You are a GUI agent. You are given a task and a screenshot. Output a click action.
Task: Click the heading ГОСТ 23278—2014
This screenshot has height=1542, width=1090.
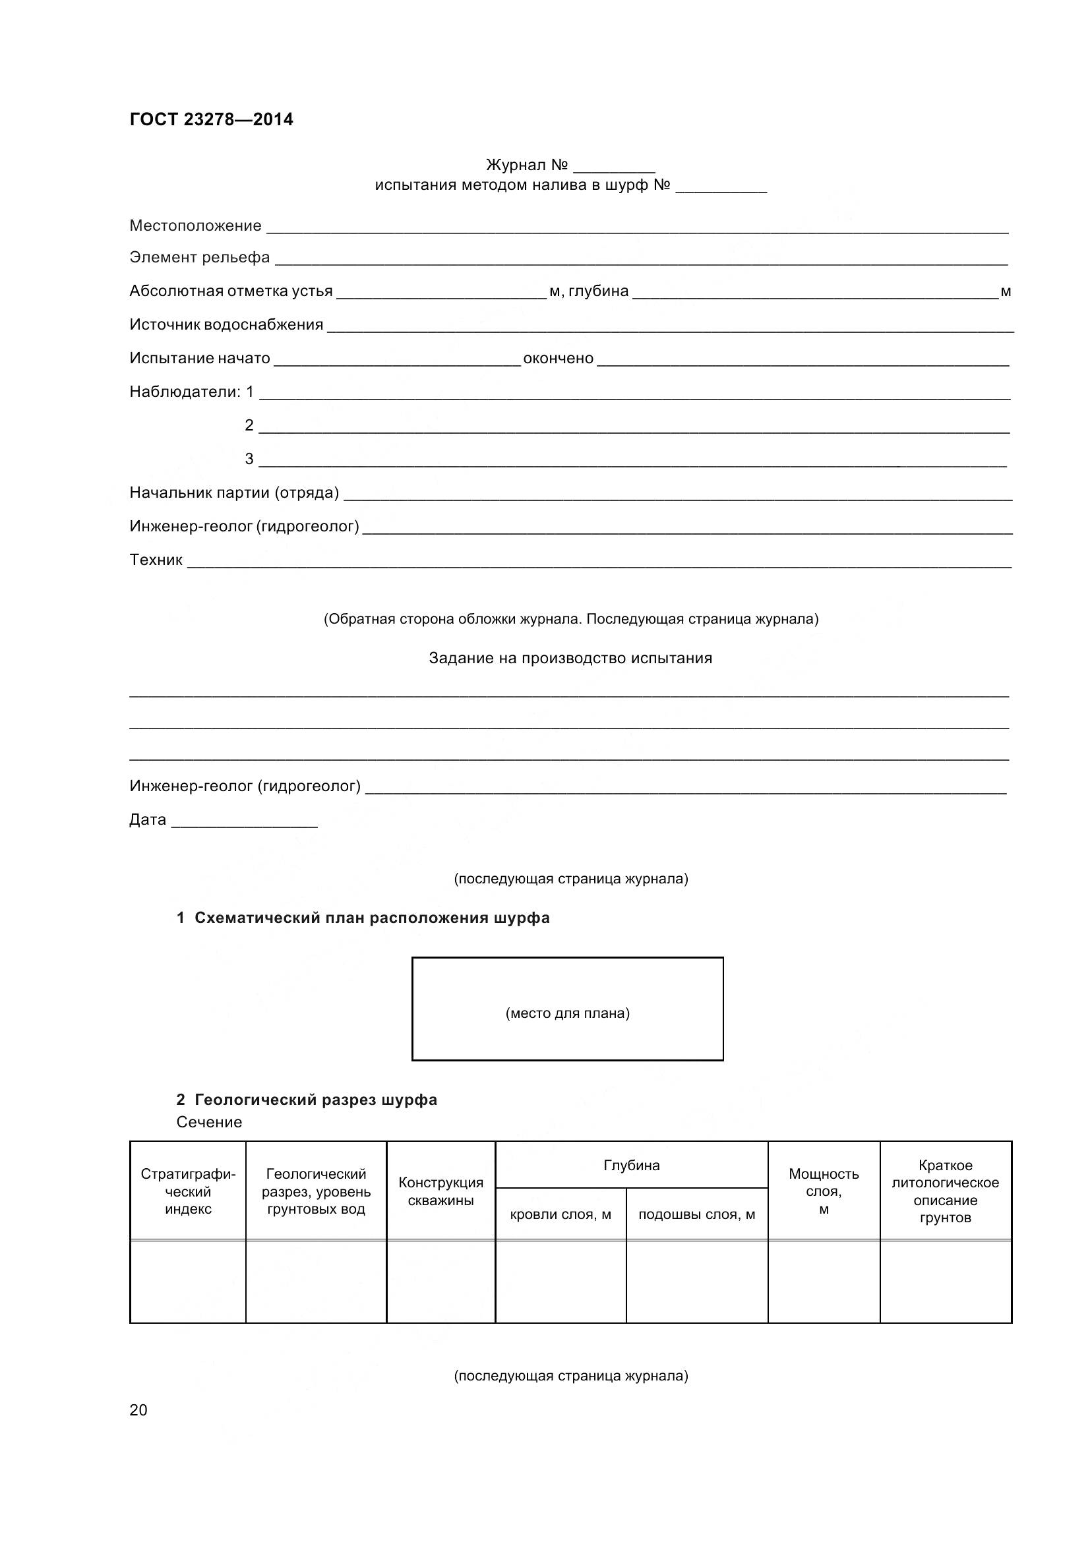click(211, 119)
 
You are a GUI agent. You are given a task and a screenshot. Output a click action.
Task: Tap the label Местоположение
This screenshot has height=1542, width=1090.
click(195, 225)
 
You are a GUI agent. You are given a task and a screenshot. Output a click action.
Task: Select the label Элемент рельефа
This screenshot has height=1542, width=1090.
click(199, 258)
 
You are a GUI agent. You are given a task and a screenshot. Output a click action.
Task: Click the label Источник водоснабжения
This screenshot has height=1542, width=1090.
click(226, 325)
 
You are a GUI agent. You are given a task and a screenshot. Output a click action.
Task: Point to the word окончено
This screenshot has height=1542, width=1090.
click(558, 359)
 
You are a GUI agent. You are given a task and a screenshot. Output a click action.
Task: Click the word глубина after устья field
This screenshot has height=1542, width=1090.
click(598, 291)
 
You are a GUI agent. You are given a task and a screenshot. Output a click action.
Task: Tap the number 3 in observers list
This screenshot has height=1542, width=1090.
click(249, 460)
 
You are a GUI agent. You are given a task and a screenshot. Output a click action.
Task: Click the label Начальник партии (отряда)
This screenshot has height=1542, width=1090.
click(233, 493)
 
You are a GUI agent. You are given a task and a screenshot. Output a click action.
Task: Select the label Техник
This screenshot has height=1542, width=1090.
click(156, 560)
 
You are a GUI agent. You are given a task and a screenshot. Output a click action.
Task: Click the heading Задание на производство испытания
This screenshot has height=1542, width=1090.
click(570, 658)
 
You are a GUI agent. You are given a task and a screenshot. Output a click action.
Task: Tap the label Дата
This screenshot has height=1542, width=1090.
click(148, 819)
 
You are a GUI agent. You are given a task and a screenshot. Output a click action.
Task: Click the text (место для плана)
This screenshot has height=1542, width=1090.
click(568, 1013)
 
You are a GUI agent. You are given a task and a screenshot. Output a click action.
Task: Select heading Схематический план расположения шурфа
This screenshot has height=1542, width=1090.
click(371, 918)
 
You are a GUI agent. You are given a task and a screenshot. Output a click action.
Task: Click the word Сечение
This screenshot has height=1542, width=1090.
click(209, 1122)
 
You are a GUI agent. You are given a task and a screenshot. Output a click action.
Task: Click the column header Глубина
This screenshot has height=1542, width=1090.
click(631, 1165)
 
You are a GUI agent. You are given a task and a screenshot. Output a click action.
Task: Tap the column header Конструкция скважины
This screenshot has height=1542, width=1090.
click(440, 1191)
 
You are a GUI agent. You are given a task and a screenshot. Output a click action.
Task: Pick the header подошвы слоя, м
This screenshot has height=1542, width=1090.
click(696, 1214)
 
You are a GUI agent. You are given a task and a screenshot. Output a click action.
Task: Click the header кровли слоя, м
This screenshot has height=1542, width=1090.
click(560, 1214)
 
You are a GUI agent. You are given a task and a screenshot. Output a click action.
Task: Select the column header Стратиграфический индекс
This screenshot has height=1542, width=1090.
click(188, 1191)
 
